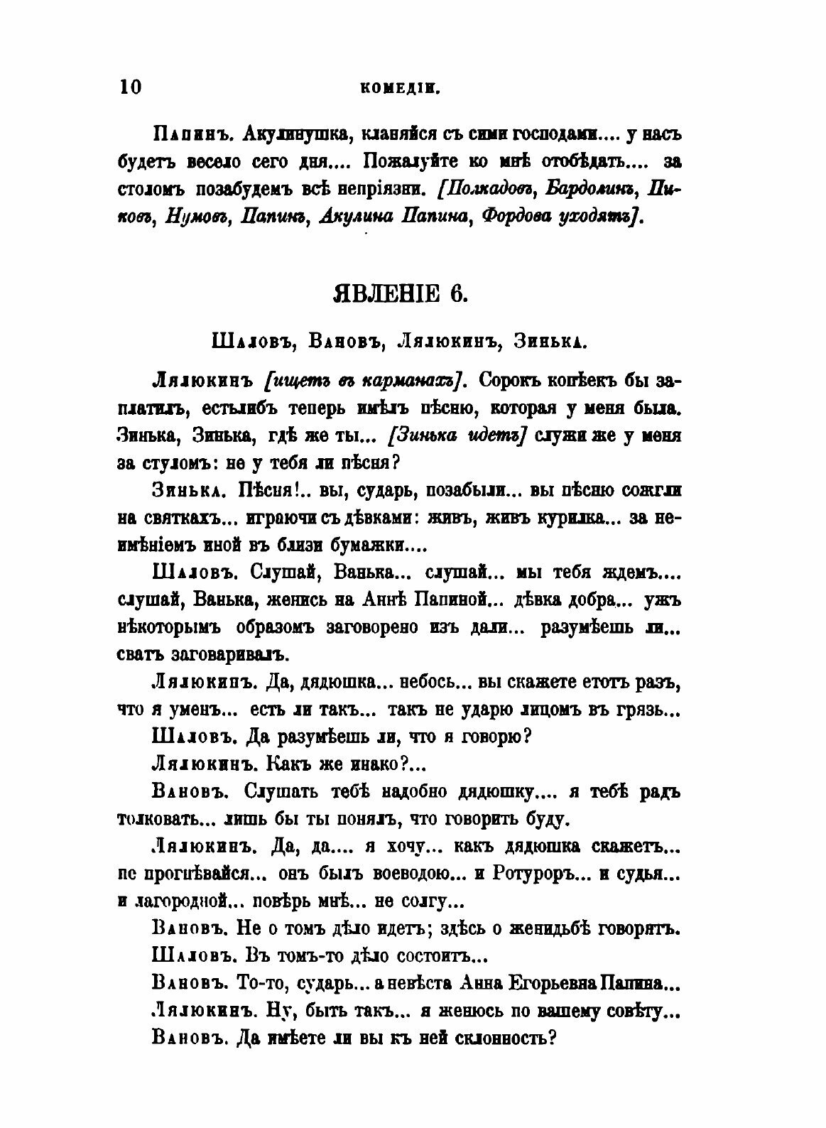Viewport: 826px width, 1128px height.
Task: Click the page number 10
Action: (x=131, y=87)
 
